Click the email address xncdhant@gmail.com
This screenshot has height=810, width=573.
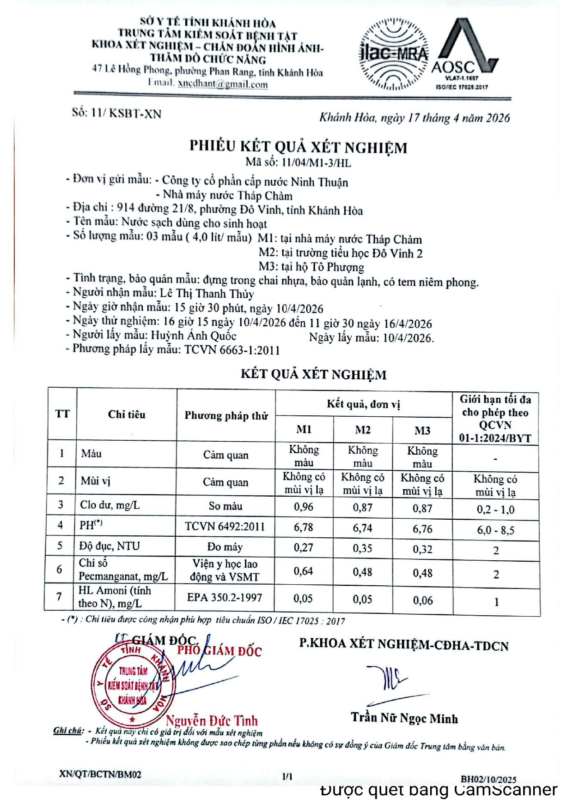223,84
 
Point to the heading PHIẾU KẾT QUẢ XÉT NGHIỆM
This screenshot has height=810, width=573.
299,147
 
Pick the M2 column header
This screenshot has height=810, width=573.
363,430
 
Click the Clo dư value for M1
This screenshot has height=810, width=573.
304,507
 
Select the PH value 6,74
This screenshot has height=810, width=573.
363,528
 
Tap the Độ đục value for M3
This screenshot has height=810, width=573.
422,549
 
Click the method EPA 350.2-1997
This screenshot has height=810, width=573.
225,598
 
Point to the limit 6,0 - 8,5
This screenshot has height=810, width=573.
495,530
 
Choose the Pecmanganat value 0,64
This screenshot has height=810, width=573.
303,571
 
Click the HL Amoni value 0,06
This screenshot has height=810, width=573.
422,600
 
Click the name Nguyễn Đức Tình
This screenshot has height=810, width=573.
212,720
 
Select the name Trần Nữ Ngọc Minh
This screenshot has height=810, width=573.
404,718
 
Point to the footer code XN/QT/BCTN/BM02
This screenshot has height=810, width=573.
100,774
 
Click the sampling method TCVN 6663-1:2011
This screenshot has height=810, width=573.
232,350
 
